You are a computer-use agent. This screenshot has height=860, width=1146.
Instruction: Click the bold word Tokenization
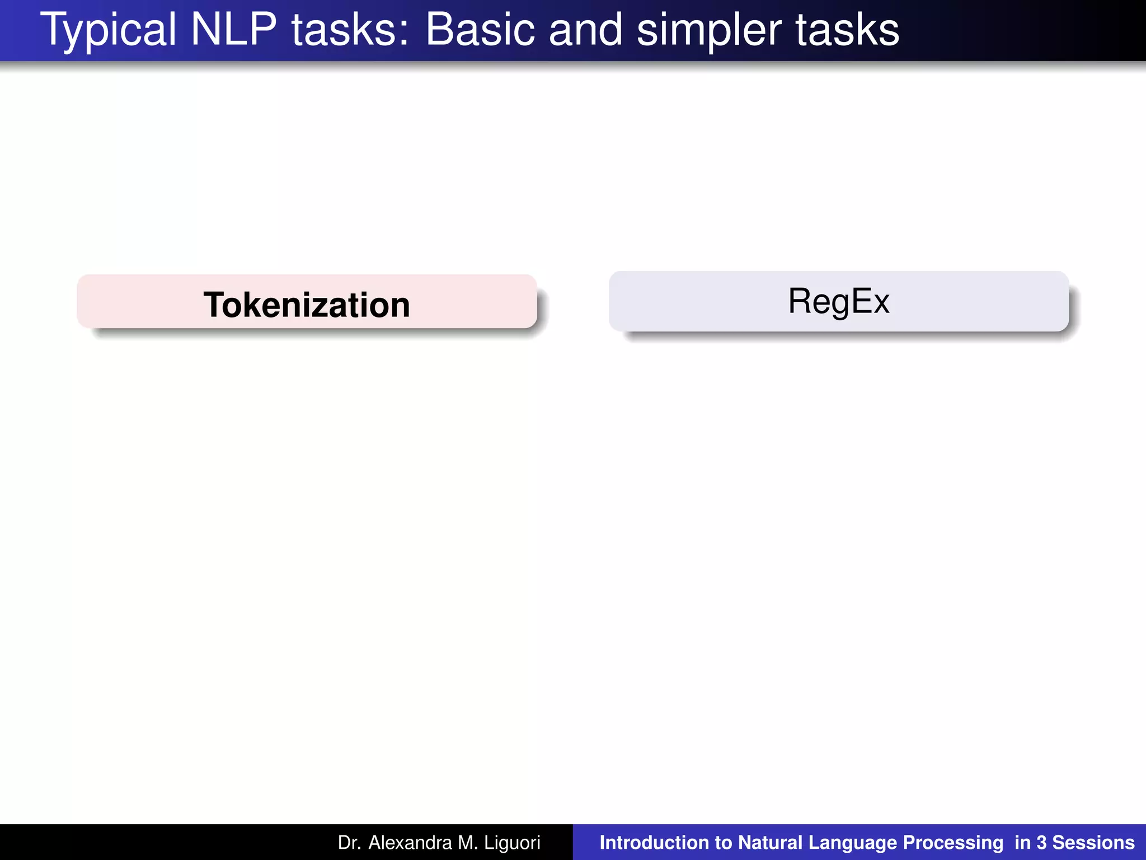307,305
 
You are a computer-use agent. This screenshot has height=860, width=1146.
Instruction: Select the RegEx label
838,301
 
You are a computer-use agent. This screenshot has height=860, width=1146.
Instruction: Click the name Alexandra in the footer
410,843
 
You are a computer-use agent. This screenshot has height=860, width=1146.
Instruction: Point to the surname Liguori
512,843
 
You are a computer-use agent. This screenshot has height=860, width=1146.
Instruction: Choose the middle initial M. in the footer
468,843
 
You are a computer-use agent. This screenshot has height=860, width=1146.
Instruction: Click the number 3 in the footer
1041,843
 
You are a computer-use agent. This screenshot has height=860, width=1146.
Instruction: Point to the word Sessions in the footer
1093,843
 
